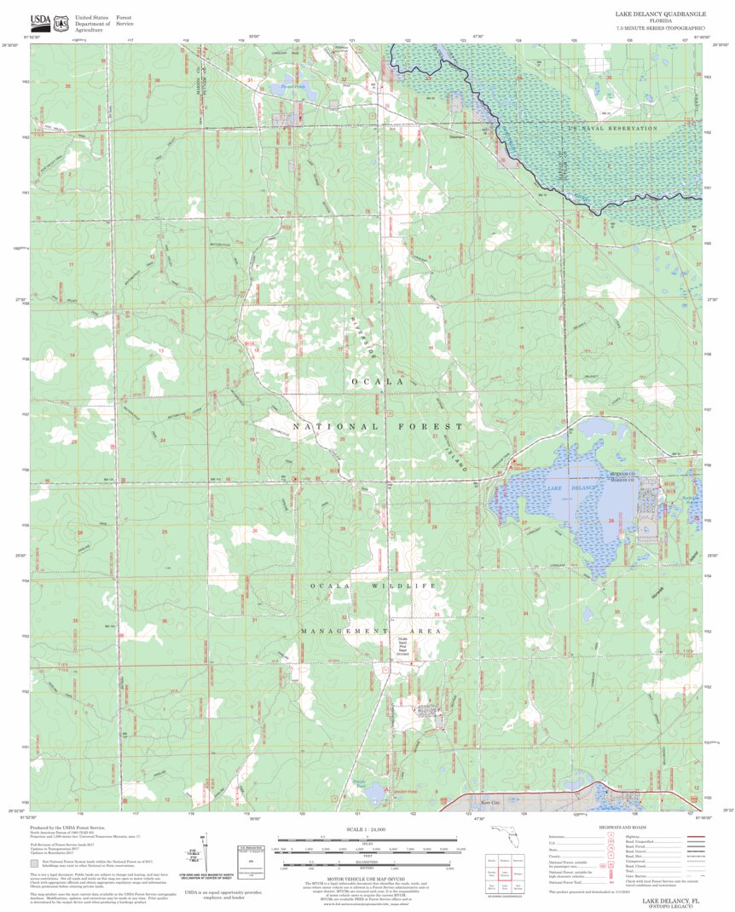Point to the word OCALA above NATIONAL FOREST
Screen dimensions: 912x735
376,381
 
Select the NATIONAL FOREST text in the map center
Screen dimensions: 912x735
379,425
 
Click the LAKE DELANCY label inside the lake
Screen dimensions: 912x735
571,487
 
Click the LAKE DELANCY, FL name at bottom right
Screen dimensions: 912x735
670,900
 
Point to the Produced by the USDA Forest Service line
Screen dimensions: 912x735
67,828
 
